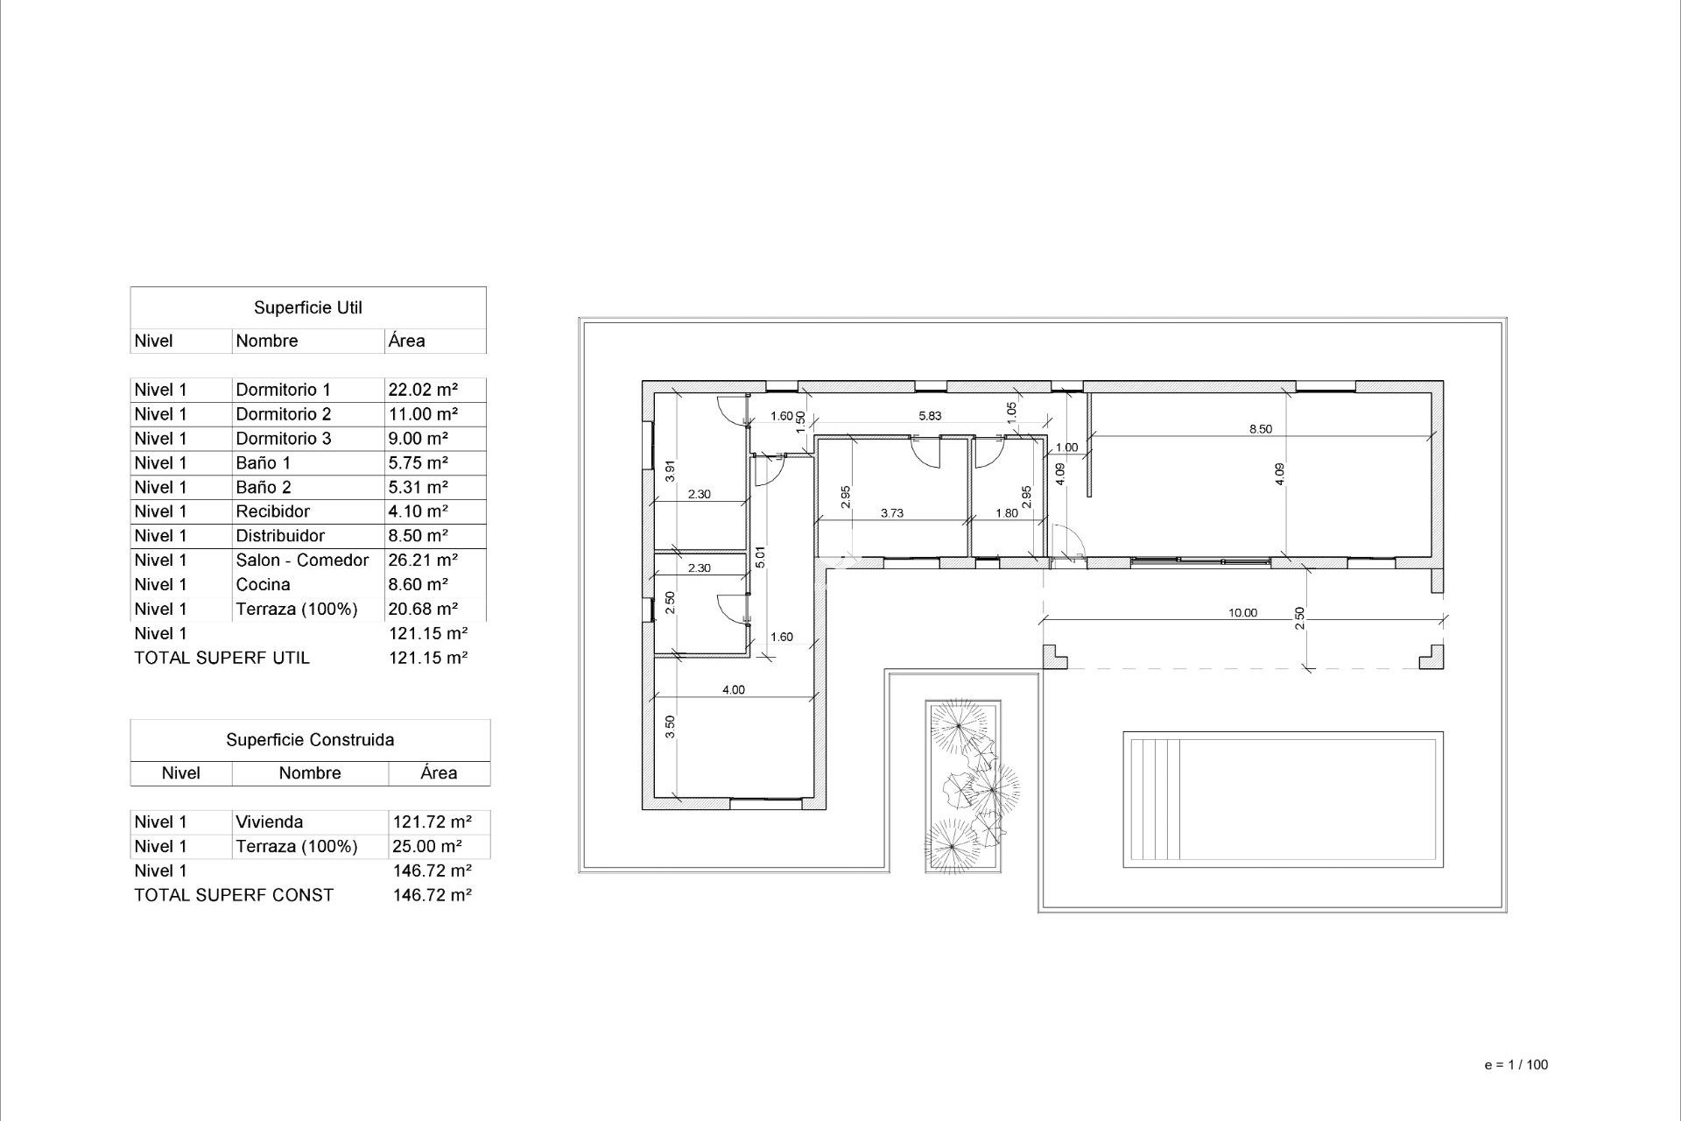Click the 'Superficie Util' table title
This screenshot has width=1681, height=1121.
pos(307,307)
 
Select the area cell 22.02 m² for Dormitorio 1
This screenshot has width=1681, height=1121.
pos(423,390)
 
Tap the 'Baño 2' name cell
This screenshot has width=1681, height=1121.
pos(264,487)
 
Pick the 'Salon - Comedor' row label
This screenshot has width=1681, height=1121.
pos(302,560)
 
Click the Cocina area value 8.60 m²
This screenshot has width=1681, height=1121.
pos(418,584)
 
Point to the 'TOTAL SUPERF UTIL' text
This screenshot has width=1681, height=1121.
pos(222,658)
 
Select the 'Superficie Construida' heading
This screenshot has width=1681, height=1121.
pos(310,740)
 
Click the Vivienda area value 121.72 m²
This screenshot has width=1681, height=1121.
pos(433,821)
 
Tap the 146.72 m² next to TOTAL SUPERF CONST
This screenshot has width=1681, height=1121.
pos(433,895)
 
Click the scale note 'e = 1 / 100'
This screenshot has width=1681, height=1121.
pos(1516,1065)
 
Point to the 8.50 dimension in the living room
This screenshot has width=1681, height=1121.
pos(1260,429)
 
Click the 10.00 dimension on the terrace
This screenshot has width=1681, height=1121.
pos(1242,613)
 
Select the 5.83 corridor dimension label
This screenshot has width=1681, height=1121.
pos(930,416)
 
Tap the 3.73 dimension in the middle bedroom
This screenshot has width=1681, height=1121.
pos(891,513)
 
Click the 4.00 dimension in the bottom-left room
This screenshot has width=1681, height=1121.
pos(733,690)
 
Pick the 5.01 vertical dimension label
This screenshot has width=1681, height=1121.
pos(760,557)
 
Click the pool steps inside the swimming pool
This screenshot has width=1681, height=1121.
pos(1156,799)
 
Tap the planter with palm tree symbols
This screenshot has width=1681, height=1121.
pos(963,786)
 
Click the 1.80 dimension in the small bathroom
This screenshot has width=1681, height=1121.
pos(1007,513)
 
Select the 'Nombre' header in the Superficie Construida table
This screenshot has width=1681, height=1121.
pos(310,773)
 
